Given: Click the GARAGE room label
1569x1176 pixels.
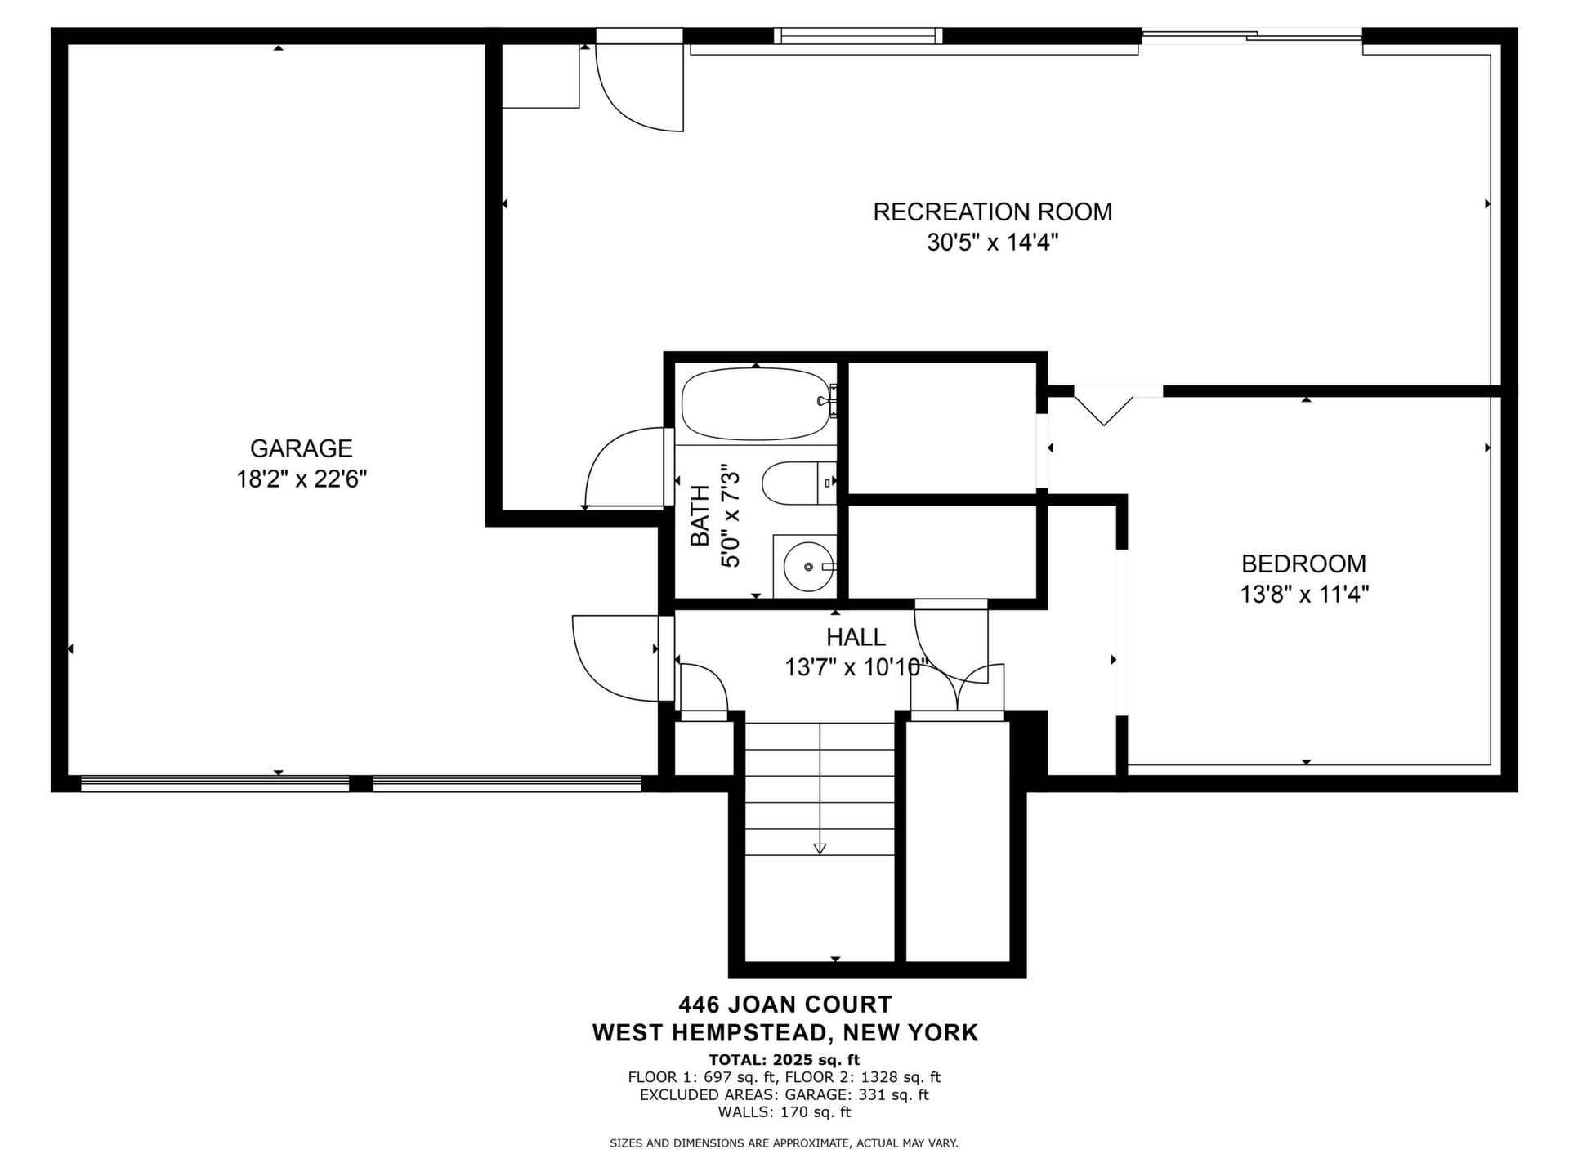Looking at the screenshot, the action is click(301, 448).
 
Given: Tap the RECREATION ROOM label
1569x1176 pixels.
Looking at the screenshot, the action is click(992, 212).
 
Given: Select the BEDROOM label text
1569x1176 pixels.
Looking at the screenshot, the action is click(1303, 563).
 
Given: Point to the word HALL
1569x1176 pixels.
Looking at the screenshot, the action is click(856, 637).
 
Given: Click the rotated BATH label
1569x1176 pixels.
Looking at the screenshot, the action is click(700, 516).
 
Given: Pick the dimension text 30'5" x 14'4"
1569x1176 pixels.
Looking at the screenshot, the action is click(993, 243).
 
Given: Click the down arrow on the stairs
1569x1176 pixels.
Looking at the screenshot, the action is click(820, 848).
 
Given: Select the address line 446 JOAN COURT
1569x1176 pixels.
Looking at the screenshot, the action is click(785, 1004).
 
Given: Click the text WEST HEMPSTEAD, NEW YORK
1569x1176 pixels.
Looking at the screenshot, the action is click(785, 1033).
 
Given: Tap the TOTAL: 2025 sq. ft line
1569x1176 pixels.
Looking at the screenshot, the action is click(784, 1060).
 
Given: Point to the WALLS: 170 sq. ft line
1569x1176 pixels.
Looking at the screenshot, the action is click(784, 1112).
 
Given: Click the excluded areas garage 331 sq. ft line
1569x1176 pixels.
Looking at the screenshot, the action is click(784, 1095).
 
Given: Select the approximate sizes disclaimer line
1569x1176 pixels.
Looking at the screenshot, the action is click(784, 1143).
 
